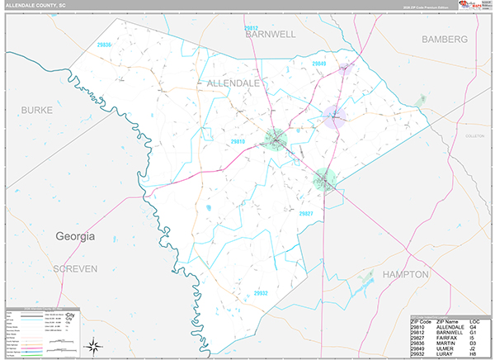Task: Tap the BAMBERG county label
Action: (444, 39)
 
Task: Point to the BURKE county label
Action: (36, 109)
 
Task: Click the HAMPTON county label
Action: (405, 273)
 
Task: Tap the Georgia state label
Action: (75, 236)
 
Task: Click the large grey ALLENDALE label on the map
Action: (233, 83)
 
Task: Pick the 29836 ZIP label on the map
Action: (104, 45)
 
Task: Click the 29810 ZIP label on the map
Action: (238, 142)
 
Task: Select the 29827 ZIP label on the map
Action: (306, 213)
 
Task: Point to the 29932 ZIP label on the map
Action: (261, 292)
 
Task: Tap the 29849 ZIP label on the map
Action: (319, 64)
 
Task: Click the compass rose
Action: (96, 345)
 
